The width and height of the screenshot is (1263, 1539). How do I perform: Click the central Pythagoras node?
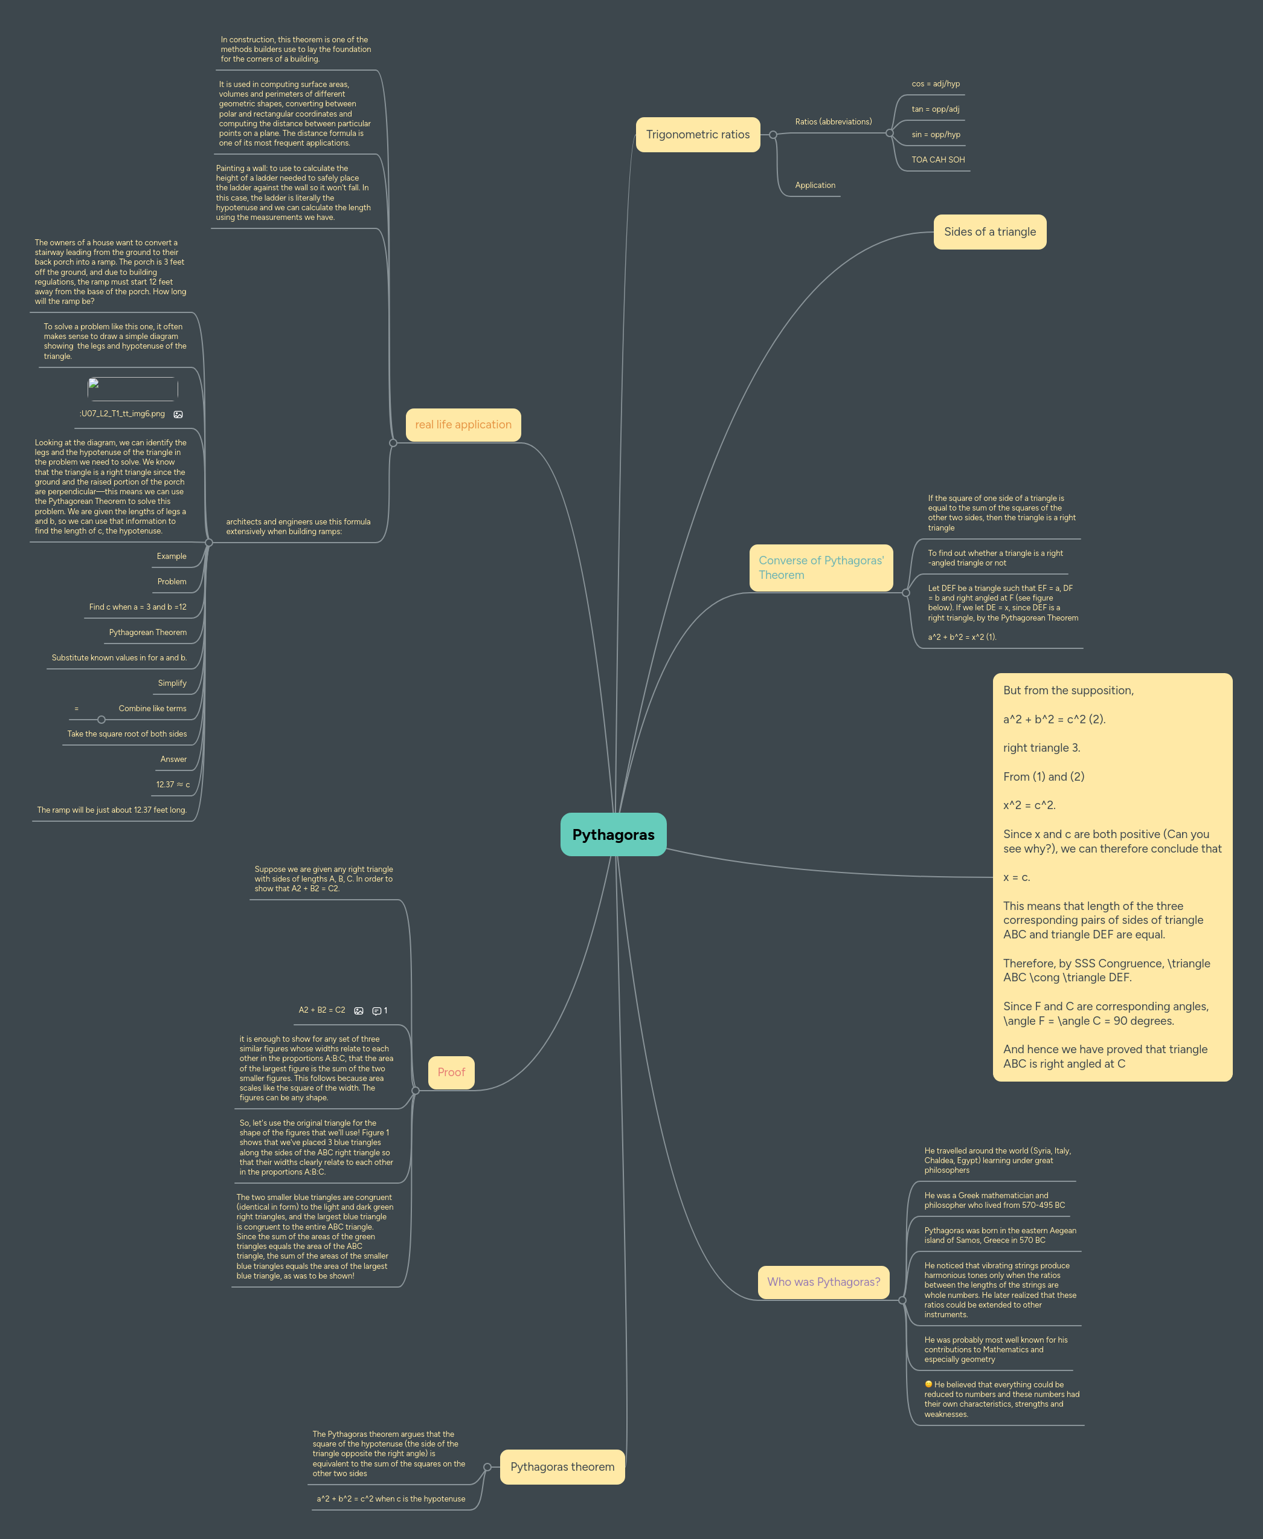(x=612, y=834)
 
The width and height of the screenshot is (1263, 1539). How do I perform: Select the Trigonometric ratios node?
(x=697, y=135)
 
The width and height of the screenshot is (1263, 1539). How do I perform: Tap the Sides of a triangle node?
(x=989, y=231)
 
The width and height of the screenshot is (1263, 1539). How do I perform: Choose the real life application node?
(x=463, y=424)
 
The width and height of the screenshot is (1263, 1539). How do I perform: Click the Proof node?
(x=451, y=1072)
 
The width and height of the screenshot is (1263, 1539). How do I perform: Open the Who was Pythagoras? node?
(x=823, y=1282)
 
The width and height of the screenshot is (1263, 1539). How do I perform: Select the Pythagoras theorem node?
(x=562, y=1466)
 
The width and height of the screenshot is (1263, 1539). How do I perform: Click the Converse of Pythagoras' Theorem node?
(x=821, y=567)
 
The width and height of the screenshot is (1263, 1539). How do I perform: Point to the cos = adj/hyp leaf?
(x=935, y=83)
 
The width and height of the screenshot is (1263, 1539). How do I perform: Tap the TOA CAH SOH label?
(x=938, y=160)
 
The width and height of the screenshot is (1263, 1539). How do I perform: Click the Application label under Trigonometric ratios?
(x=815, y=186)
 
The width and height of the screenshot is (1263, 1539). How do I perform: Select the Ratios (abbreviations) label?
(x=833, y=121)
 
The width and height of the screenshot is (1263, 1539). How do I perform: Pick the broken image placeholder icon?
(x=94, y=384)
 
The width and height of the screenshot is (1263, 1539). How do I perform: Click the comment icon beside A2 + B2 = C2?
(x=377, y=1011)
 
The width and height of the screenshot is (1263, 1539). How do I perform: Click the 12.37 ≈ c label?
(x=172, y=784)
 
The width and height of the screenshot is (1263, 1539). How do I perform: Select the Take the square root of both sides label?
(x=127, y=734)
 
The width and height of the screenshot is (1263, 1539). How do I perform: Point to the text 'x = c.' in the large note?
(x=1017, y=877)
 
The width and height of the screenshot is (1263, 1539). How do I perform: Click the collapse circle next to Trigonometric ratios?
(x=773, y=135)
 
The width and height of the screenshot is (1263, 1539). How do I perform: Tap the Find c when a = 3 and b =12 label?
(x=138, y=607)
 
